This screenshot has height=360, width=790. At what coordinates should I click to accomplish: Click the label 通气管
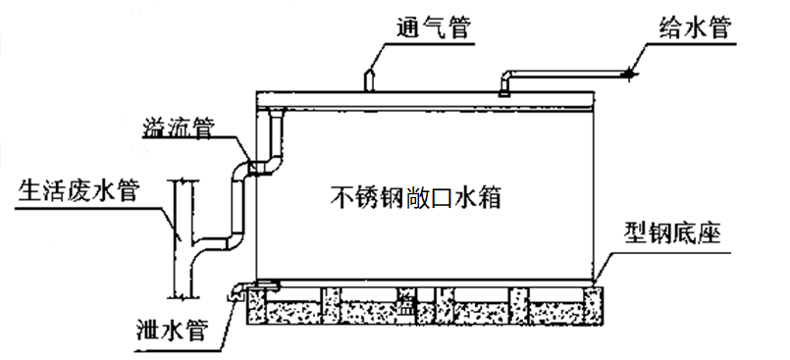coord(433,28)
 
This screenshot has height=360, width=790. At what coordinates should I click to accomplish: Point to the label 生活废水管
coord(79,192)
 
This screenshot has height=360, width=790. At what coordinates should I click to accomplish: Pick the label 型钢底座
coord(673,234)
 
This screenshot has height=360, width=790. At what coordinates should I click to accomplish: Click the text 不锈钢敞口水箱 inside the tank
coord(416,198)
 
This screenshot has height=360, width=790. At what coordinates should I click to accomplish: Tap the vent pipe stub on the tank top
coord(370,80)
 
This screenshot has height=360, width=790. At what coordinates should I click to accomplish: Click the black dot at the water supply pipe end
coord(630,74)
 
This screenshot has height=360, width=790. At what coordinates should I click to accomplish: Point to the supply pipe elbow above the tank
coord(505,77)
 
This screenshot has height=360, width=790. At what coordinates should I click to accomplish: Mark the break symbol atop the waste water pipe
coord(183,181)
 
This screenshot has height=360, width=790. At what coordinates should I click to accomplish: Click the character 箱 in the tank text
coord(490,198)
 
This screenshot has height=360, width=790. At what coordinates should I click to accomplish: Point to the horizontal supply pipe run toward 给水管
coord(569,74)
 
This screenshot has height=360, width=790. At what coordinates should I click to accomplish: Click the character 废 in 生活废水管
coord(79,192)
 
